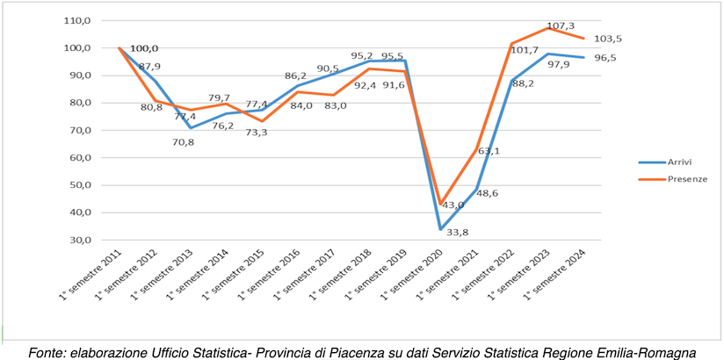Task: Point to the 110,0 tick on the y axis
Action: (77, 19)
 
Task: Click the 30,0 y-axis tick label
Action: (79, 240)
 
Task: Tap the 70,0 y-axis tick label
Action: (79, 130)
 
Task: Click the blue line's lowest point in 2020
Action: (440, 229)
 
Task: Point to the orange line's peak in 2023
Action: (547, 27)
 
